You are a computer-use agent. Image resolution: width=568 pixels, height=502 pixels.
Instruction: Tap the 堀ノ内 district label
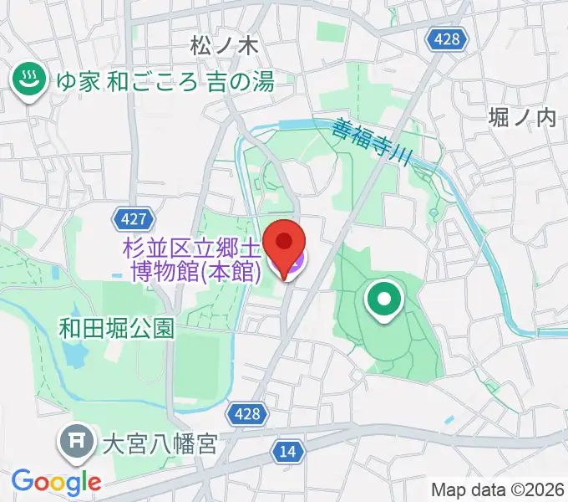[x=522, y=117]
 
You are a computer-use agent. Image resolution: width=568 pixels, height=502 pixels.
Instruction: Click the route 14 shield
[x=287, y=452]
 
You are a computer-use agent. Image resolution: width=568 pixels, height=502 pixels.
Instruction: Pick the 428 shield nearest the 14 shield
[x=247, y=413]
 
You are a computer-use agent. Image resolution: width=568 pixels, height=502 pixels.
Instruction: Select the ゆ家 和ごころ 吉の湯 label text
[x=165, y=82]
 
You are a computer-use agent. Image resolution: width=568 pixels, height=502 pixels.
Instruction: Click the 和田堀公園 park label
[x=116, y=328]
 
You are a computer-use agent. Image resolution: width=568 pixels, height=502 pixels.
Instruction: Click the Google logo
[x=56, y=481]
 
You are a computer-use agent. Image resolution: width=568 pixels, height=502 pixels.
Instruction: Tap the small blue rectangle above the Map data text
[x=450, y=418]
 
